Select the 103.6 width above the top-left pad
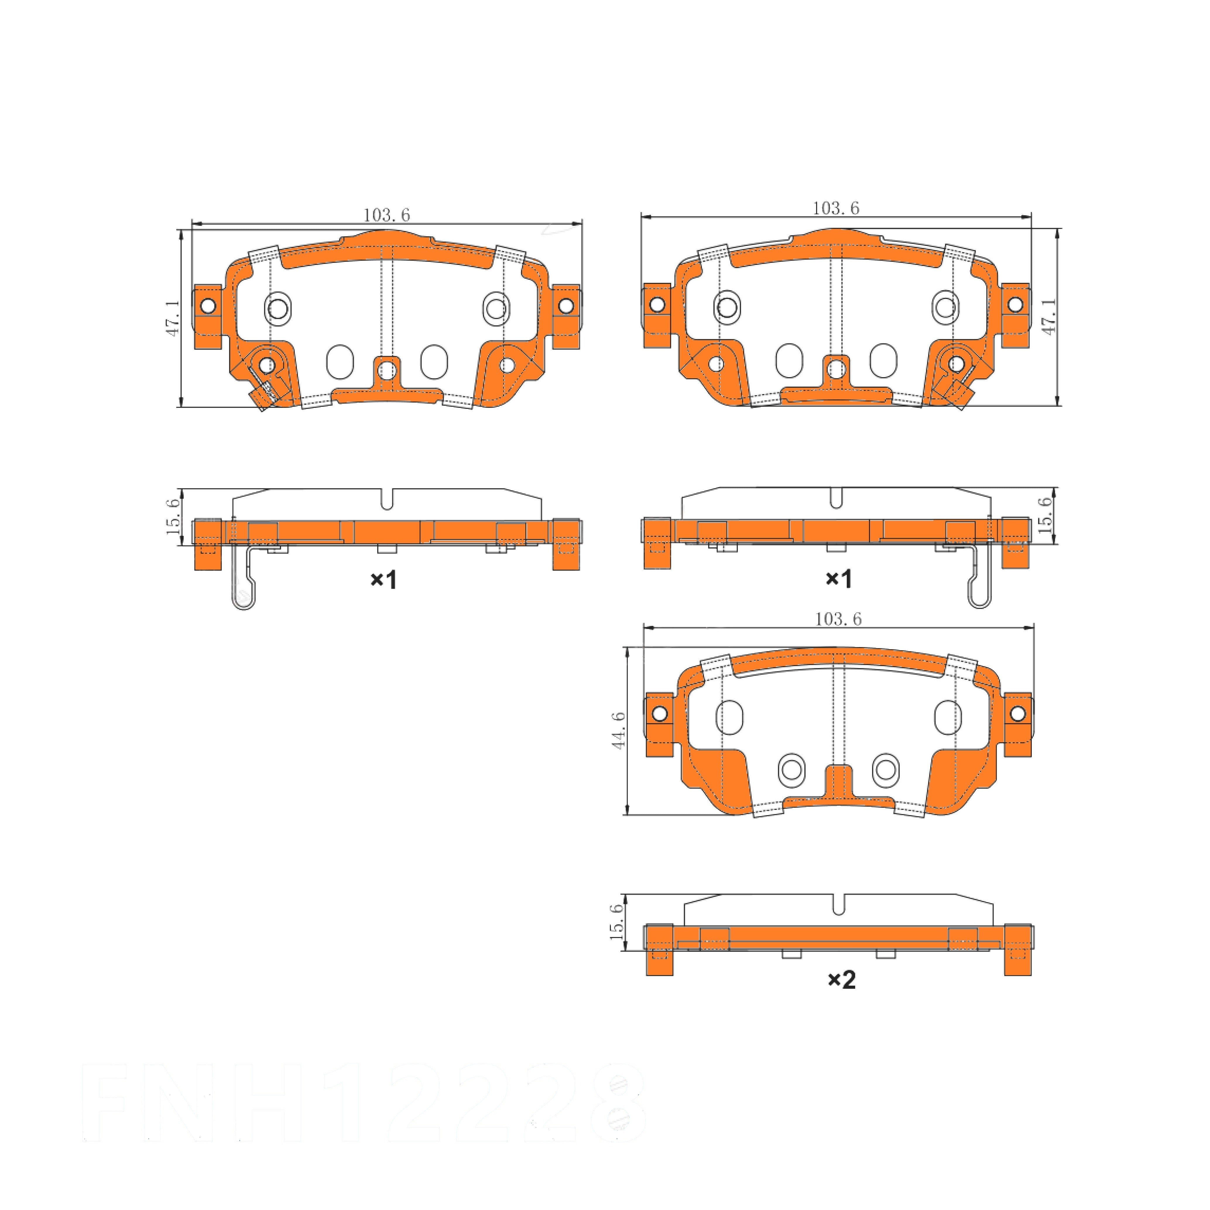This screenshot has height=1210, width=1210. pyautogui.click(x=386, y=215)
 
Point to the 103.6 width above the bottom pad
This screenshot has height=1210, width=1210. pyautogui.click(x=838, y=619)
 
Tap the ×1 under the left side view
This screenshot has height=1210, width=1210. pyautogui.click(x=383, y=580)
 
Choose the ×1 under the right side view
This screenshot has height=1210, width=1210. pyautogui.click(x=839, y=579)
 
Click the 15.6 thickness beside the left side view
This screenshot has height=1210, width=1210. pyautogui.click(x=173, y=517)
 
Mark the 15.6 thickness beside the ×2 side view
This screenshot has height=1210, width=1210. pyautogui.click(x=617, y=921)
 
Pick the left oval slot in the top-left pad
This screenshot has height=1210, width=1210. pyautogui.click(x=340, y=361)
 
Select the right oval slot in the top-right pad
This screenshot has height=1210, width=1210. pyautogui.click(x=883, y=360)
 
